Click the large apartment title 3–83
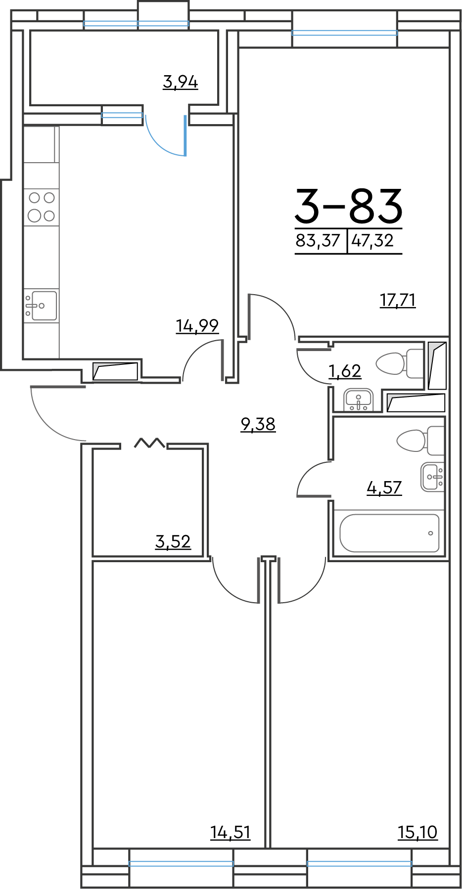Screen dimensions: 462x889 (x=349, y=206)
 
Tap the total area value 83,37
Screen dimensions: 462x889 (x=318, y=241)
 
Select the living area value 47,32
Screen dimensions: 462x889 (x=372, y=241)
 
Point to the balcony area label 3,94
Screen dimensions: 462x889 (x=181, y=82)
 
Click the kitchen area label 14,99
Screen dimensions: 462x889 (x=197, y=326)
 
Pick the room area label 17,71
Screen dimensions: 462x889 (x=398, y=300)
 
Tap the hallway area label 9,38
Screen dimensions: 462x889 (x=258, y=424)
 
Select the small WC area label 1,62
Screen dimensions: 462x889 (x=345, y=371)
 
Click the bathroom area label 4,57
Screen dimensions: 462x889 (x=384, y=488)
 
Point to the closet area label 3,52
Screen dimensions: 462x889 (x=173, y=542)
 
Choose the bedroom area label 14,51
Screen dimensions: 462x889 (x=231, y=833)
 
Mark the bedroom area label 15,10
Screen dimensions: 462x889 (x=418, y=833)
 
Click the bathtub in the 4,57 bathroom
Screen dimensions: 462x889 (x=390, y=533)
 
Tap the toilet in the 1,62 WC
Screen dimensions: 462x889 (x=400, y=364)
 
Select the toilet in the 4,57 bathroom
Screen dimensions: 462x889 (x=420, y=441)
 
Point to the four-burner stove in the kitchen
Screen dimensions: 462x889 (x=42, y=207)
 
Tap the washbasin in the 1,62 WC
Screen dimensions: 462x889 (x=358, y=400)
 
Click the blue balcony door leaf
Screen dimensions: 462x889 (x=185, y=135)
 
